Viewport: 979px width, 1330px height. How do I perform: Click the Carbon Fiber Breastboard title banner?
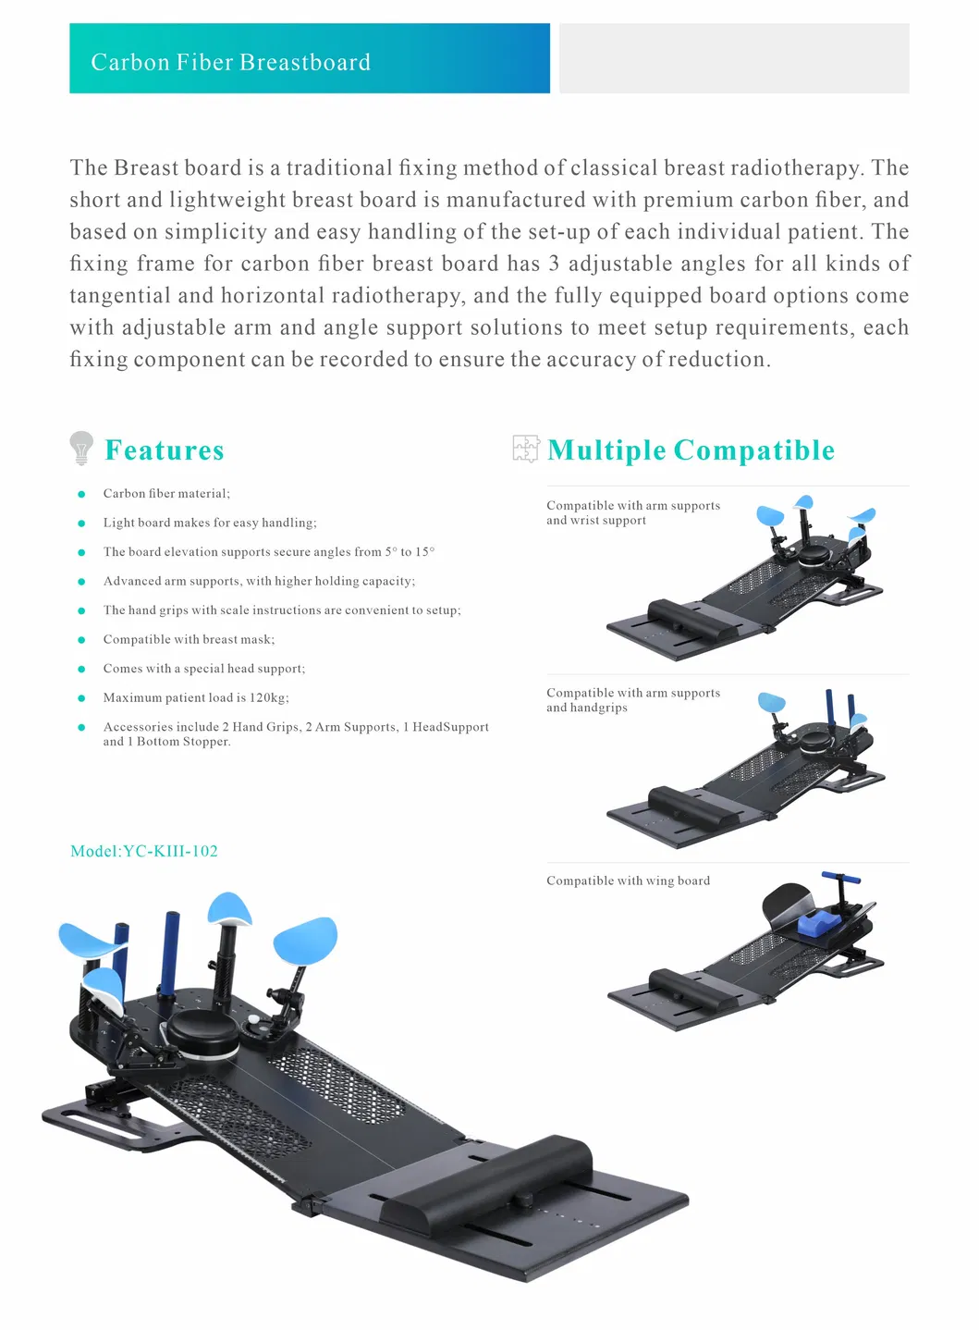(x=309, y=59)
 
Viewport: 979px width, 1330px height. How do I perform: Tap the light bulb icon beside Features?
(x=81, y=448)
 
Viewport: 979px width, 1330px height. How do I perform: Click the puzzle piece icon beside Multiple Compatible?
(x=525, y=449)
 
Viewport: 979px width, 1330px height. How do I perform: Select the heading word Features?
(x=165, y=450)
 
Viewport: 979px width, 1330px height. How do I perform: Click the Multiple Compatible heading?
(x=691, y=450)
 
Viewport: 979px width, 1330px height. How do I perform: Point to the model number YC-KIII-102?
(x=144, y=851)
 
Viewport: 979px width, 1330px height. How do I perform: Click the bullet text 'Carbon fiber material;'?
(x=166, y=494)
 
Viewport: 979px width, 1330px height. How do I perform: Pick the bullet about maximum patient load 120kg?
(x=196, y=698)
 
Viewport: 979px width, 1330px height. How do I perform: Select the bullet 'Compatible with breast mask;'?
(x=189, y=640)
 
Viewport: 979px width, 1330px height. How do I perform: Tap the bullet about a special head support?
(x=203, y=669)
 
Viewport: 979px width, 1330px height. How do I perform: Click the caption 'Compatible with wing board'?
(x=628, y=881)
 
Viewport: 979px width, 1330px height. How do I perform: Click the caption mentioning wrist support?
(x=632, y=513)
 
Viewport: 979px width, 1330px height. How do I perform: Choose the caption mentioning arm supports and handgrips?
(x=632, y=700)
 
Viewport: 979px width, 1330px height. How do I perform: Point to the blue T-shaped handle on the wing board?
(x=840, y=879)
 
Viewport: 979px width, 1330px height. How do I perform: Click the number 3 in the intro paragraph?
(x=554, y=264)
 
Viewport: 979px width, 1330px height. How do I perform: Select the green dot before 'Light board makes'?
(x=82, y=523)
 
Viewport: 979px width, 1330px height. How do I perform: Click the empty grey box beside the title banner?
(x=734, y=59)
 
